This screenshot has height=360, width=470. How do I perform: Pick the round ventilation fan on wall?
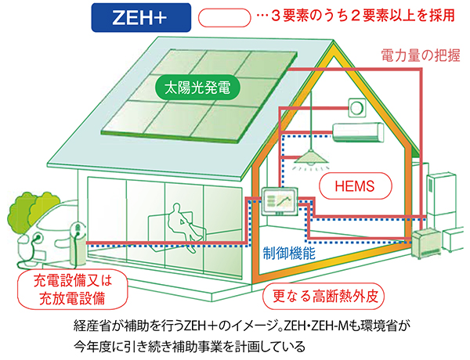(357, 106)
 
